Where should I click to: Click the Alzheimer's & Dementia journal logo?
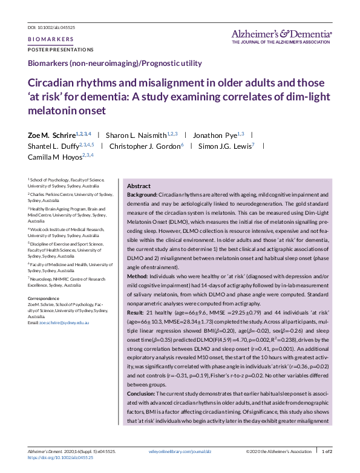click(281, 36)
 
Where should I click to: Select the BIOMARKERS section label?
click(51, 39)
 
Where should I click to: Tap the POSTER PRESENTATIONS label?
click(61, 49)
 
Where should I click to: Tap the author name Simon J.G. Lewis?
click(226, 146)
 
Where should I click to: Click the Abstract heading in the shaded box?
click(139, 186)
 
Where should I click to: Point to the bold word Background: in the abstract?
click(142, 195)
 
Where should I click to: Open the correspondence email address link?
click(64, 323)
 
